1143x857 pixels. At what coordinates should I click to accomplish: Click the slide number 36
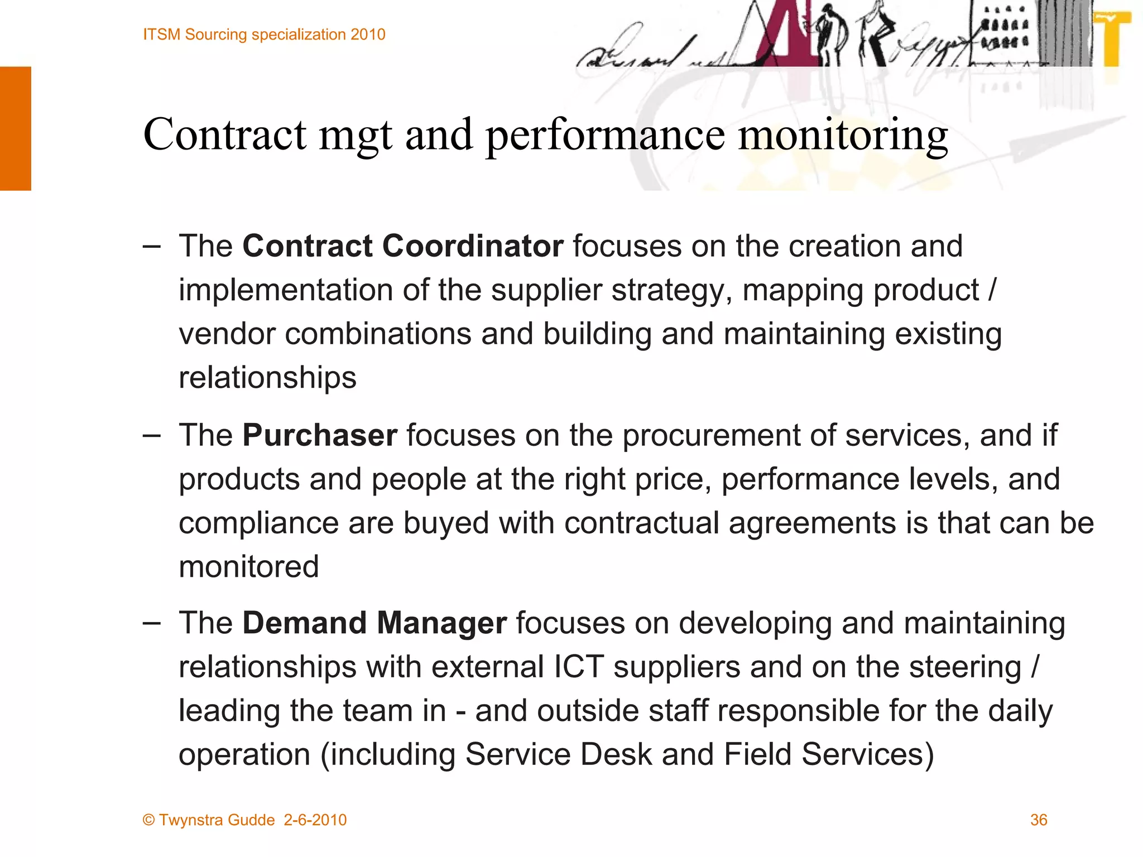pyautogui.click(x=1038, y=820)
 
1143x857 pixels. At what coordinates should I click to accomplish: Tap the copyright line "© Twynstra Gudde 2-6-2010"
pyautogui.click(x=244, y=820)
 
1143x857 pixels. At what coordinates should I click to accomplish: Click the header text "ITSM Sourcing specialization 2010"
pyautogui.click(x=264, y=35)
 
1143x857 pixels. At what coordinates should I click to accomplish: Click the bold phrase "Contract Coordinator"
pyautogui.click(x=402, y=246)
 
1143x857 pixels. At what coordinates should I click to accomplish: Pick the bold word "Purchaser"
pyautogui.click(x=320, y=435)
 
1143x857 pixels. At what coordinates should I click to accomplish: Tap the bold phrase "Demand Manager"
pyautogui.click(x=374, y=623)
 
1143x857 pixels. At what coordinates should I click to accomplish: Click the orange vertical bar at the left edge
pyautogui.click(x=15, y=128)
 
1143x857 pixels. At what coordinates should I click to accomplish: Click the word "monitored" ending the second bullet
pyautogui.click(x=249, y=567)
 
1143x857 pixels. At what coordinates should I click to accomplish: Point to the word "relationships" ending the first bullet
pyautogui.click(x=267, y=378)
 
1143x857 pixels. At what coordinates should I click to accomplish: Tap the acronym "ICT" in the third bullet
pyautogui.click(x=579, y=667)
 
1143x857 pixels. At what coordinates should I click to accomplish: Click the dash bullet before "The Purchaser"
pyautogui.click(x=151, y=435)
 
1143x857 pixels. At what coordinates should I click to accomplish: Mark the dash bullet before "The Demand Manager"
pyautogui.click(x=151, y=623)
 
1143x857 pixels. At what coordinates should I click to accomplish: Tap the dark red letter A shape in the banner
pyautogui.click(x=781, y=33)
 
